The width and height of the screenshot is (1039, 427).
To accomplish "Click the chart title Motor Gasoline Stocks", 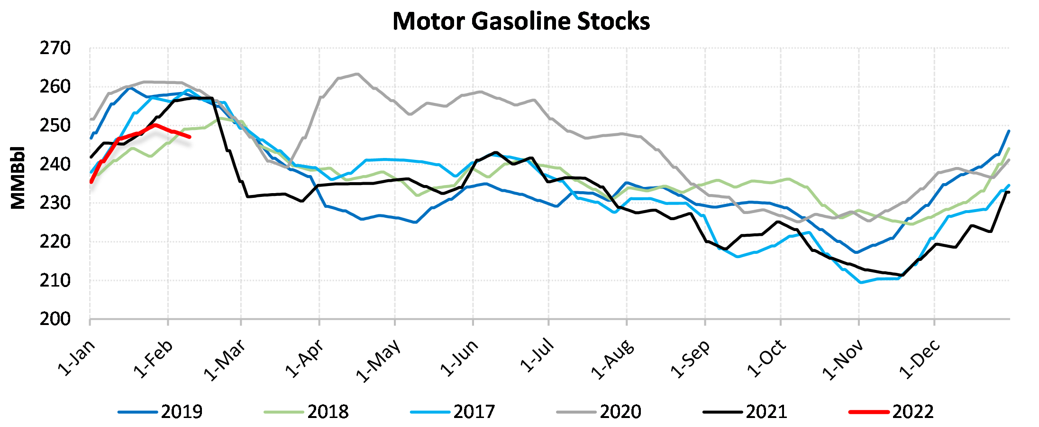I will point(521,21).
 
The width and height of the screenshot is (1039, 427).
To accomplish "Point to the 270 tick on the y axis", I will point(55,48).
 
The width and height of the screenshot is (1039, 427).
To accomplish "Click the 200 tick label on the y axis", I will point(55,319).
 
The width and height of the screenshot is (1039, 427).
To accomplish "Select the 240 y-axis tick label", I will point(55,165).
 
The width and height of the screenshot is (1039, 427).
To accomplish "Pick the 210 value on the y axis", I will point(55,280).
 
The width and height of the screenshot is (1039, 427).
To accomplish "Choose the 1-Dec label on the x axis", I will point(919,359).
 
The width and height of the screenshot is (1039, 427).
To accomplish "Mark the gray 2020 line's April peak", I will point(356,74).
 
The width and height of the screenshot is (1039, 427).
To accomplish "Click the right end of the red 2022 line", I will point(190,137).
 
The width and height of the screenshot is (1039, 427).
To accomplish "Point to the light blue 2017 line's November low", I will point(861,282).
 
